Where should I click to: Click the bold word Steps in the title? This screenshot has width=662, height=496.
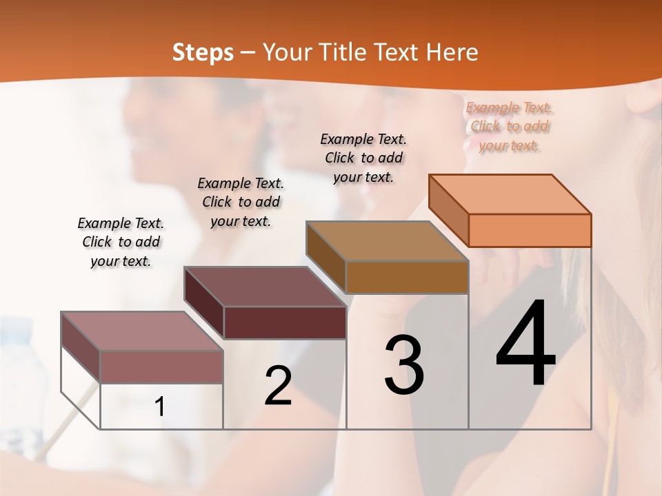(x=203, y=52)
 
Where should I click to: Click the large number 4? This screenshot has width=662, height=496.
(x=525, y=344)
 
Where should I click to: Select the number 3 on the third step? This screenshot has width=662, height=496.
(x=403, y=365)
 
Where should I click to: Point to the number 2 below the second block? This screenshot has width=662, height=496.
(x=278, y=386)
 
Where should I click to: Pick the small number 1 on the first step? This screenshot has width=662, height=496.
(x=159, y=407)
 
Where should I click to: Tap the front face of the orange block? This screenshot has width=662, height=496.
(x=530, y=230)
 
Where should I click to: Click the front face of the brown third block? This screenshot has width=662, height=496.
(x=407, y=277)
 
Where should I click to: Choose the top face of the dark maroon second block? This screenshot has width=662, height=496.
(x=265, y=287)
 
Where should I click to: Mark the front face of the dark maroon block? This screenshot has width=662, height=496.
(x=285, y=322)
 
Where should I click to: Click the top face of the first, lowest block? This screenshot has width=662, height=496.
(x=142, y=331)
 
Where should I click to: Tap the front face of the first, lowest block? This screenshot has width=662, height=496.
(x=161, y=366)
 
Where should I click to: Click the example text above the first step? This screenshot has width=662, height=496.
(x=121, y=242)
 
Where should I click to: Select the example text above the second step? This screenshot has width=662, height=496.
(x=241, y=202)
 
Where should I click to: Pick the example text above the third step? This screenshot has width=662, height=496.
(x=363, y=158)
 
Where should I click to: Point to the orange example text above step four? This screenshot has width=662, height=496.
(x=509, y=126)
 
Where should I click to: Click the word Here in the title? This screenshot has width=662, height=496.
(x=453, y=52)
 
